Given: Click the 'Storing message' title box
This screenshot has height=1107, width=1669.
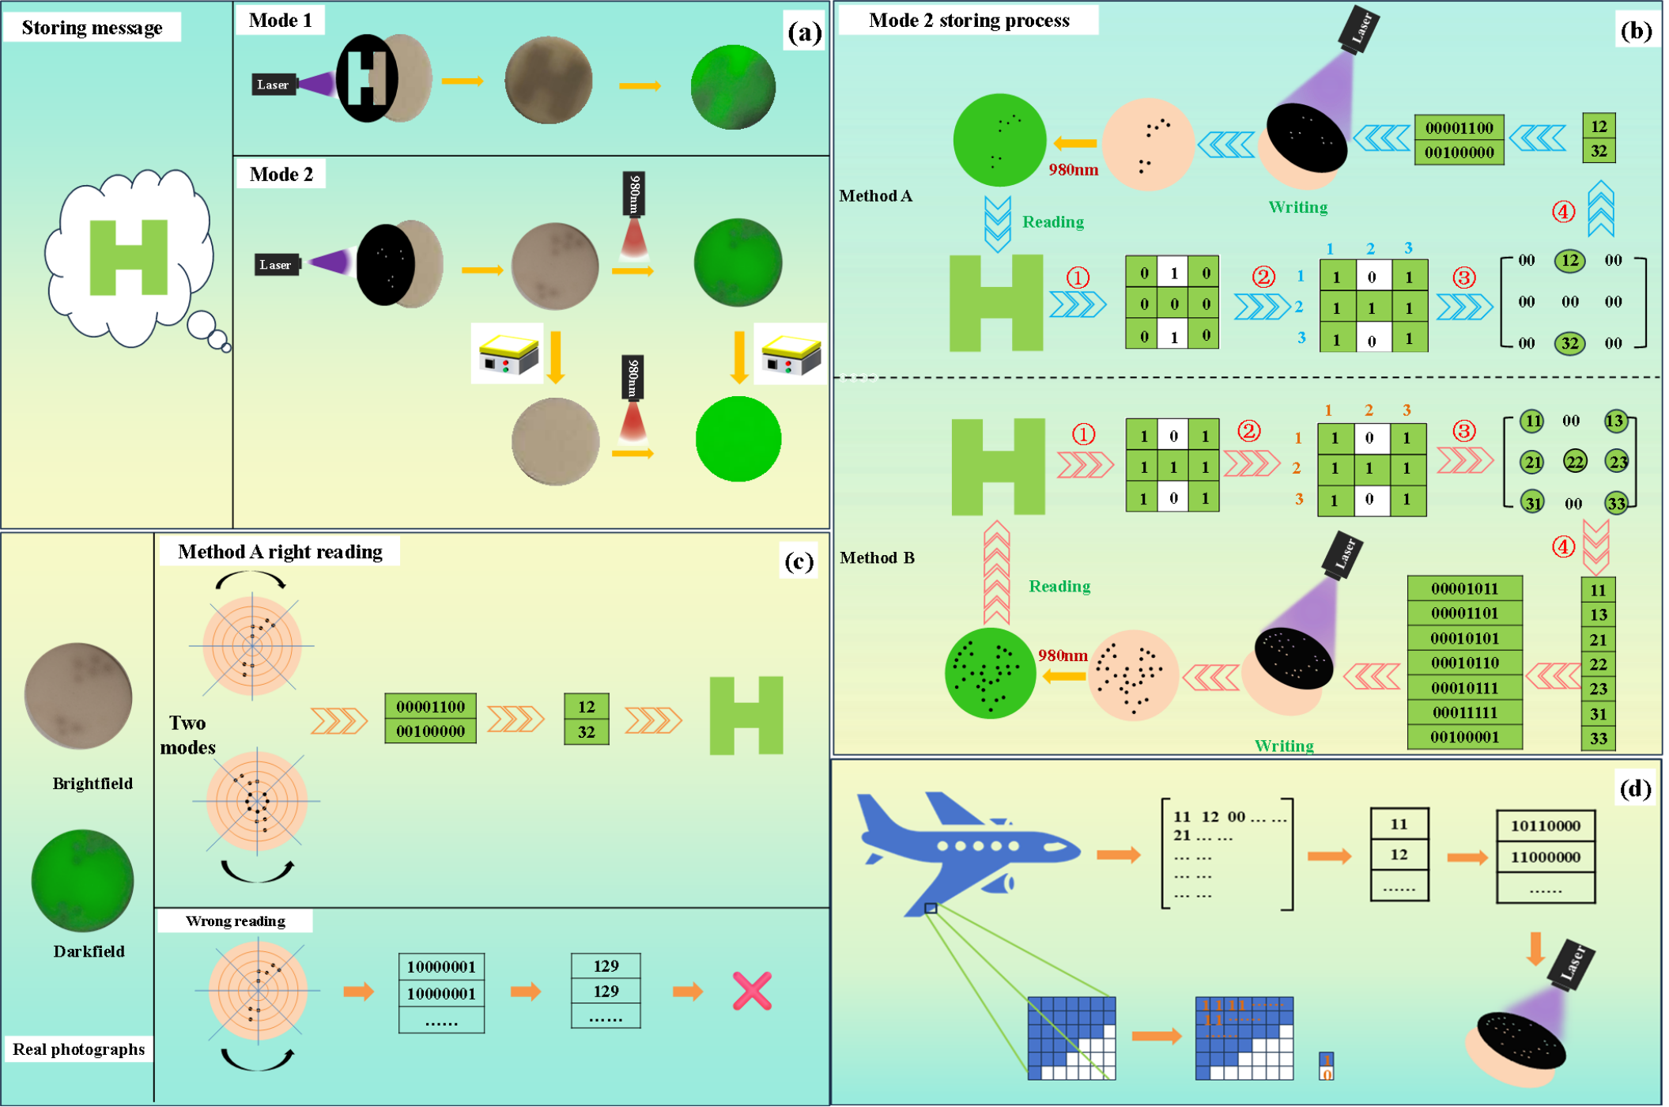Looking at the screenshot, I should pos(92,28).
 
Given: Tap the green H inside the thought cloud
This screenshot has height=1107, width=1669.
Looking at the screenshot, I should pos(128,257).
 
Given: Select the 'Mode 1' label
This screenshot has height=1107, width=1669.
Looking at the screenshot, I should pos(280,21).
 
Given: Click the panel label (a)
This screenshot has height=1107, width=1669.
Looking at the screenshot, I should pos(804,32).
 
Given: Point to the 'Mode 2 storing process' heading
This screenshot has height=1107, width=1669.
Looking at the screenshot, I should pos(969,21).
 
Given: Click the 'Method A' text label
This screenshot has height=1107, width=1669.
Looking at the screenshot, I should pos(875,196).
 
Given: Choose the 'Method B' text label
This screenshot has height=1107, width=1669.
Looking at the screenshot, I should pos(877,558).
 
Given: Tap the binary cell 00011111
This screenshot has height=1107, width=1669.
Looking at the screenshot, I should pos(1464,712).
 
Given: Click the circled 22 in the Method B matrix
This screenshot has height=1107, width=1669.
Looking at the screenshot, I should pos(1574,461).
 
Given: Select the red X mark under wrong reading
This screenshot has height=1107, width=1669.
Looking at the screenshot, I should pos(751,991).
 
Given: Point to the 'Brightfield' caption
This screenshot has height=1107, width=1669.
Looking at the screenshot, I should pos(93,784).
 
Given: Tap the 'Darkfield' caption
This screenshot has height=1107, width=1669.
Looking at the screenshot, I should pos(89,951).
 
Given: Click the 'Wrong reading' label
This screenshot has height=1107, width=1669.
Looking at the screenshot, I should pos(235,921).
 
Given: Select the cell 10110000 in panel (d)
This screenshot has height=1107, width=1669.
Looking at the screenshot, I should pos(1545,826).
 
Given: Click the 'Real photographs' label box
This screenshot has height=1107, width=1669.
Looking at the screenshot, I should pos(78,1049).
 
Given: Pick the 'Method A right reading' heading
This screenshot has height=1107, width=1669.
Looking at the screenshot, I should pos(280,552).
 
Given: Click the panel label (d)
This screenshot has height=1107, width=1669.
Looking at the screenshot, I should pos(1634,788).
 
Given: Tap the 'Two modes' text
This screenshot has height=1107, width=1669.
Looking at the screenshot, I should pos(187,735).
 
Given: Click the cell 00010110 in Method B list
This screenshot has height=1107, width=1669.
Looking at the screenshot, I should pos(1464,663).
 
